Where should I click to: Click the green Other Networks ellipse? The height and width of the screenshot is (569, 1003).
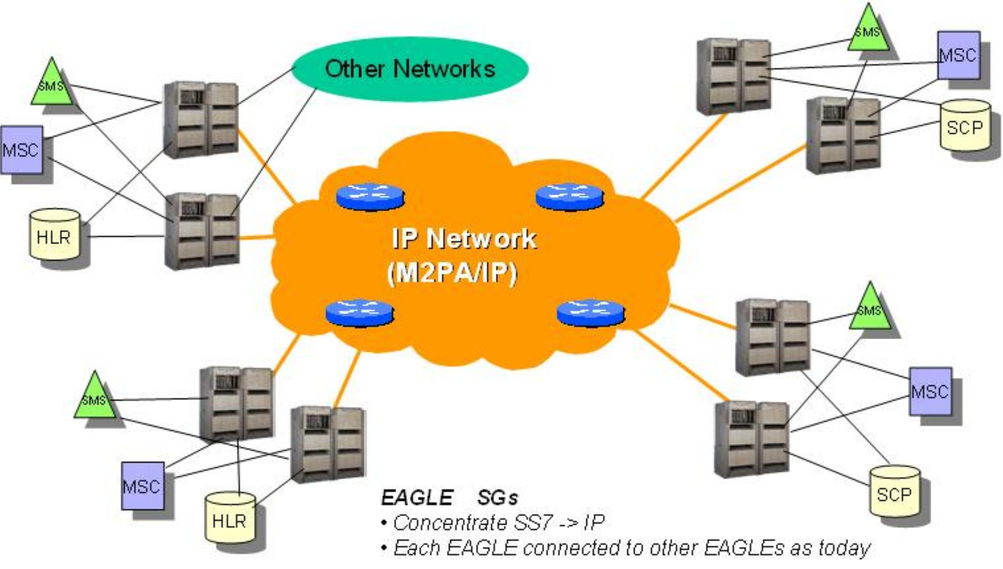(410, 69)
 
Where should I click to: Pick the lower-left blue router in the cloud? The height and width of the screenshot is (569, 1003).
(359, 313)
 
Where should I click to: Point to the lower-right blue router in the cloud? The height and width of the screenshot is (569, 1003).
(590, 313)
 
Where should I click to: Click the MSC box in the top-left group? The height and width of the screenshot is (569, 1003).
(21, 150)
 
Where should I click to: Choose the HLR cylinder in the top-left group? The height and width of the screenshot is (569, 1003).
(55, 234)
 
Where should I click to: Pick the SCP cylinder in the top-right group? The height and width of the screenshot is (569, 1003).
(965, 126)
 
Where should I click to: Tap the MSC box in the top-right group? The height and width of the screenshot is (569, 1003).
(958, 55)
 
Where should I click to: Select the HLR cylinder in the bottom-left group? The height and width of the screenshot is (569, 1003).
(230, 518)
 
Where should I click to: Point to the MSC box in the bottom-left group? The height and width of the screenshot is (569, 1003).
(142, 486)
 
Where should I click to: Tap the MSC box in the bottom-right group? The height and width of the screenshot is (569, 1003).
(930, 391)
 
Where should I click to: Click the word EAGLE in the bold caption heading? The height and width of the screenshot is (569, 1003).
(416, 498)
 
